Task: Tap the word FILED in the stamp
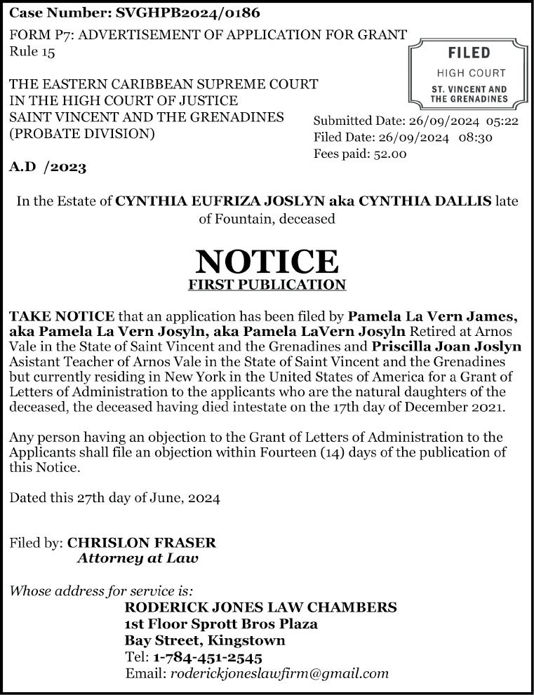469,53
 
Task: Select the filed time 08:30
476,137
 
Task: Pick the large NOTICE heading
267,261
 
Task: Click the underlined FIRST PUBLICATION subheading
267,285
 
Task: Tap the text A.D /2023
48,167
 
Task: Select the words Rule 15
32,50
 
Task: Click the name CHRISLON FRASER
141,543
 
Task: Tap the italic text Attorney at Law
138,559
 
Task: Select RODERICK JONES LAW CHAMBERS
260,607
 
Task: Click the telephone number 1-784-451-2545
208,658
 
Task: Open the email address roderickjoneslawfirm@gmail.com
279,674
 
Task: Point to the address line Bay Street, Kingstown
205,640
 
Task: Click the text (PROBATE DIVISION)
81,133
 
